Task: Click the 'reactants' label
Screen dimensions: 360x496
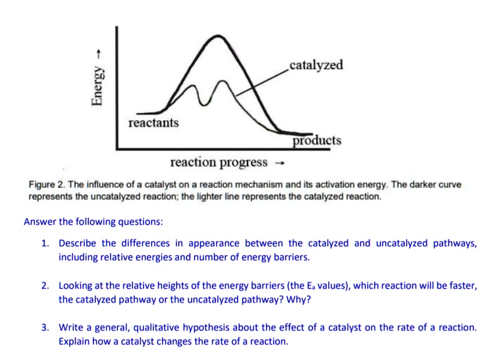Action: point(153,123)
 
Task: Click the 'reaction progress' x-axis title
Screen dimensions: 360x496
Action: point(219,162)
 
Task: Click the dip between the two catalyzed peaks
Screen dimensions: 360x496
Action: point(204,105)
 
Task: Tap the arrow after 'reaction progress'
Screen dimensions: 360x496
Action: point(279,163)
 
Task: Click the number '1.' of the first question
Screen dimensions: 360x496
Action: point(45,243)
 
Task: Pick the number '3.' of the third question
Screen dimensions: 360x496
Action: point(45,327)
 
